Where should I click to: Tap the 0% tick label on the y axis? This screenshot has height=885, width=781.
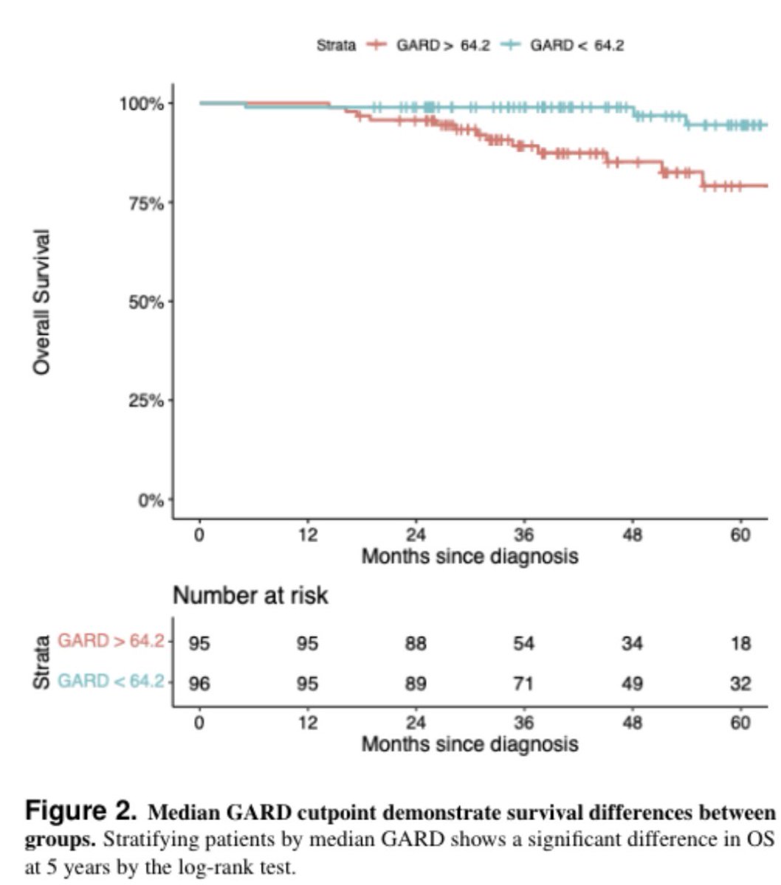pyautogui.click(x=151, y=500)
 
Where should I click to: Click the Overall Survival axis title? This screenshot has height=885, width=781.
pyautogui.click(x=43, y=302)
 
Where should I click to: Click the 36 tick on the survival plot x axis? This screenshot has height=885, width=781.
pyautogui.click(x=524, y=535)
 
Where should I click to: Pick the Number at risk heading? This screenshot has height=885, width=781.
pyautogui.click(x=250, y=595)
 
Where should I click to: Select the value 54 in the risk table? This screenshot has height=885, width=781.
pyautogui.click(x=524, y=644)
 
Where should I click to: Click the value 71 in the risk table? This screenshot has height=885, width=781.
pyautogui.click(x=524, y=684)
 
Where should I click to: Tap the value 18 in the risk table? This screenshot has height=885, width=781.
pyautogui.click(x=740, y=644)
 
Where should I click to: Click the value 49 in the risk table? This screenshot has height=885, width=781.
pyautogui.click(x=633, y=684)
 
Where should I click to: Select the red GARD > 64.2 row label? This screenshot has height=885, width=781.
pyautogui.click(x=111, y=641)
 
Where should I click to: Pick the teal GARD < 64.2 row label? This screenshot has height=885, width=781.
pyautogui.click(x=111, y=681)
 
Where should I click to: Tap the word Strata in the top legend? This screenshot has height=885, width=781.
pyautogui.click(x=336, y=46)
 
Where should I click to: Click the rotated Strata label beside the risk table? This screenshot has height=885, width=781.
pyautogui.click(x=41, y=662)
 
